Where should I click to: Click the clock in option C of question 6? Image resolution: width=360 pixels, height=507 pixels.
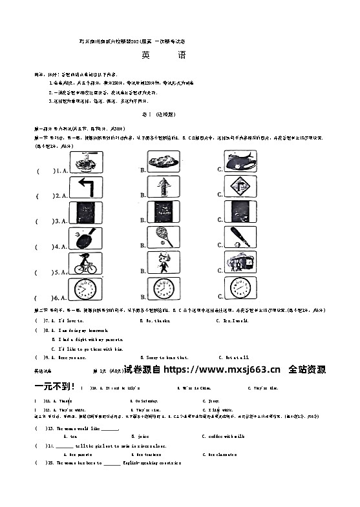tap(240, 288)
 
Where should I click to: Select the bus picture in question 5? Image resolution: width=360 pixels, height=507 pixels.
tap(240, 262)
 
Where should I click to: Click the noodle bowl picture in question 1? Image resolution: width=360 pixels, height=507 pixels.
tap(86, 161)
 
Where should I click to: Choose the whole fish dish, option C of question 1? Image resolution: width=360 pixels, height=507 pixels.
tap(240, 161)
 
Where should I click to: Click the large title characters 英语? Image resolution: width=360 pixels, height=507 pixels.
tap(164, 56)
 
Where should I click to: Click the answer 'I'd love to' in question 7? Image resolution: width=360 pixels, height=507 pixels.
tap(71, 320)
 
